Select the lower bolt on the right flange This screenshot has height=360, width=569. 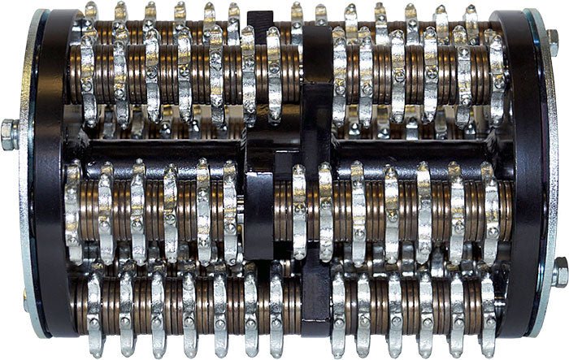coord(559,272)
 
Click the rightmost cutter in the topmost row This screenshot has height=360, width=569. coord(471,18)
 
